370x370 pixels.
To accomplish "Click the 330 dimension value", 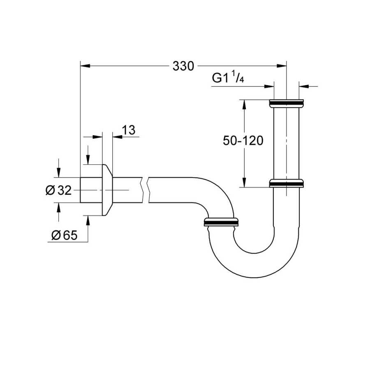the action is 183,66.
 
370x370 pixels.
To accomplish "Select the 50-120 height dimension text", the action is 243,141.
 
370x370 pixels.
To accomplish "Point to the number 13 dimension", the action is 129,130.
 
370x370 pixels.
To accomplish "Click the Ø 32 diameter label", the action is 58,190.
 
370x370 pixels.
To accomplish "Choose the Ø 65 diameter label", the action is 65,235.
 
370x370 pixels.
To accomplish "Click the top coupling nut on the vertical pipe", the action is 287,103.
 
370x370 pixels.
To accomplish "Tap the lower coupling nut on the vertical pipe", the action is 287,183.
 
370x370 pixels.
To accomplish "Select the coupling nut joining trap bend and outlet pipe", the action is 221,222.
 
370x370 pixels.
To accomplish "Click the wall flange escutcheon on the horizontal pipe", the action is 107,190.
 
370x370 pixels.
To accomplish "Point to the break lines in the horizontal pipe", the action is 146,190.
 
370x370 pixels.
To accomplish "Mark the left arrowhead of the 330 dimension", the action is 85,66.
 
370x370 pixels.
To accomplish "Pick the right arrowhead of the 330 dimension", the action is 282,66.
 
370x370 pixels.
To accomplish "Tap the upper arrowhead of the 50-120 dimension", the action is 244,104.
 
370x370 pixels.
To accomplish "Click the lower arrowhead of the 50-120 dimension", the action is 244,182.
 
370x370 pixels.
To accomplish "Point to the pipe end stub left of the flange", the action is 91,190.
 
